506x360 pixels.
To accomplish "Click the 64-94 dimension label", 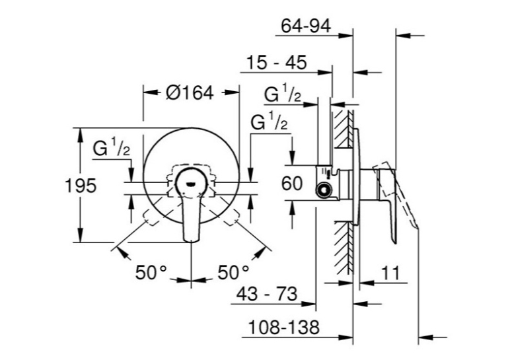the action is coord(306,26).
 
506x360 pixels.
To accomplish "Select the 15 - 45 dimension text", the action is coord(277,62).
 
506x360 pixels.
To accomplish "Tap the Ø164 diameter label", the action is coord(190,93).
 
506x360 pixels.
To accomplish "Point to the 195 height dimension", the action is coord(81,186).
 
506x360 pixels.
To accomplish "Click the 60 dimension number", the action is coord(292,184).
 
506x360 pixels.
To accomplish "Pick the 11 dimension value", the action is coord(390,273).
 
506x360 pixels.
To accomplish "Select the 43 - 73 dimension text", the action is coord(267,294).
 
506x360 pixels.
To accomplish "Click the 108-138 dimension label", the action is coord(283,327).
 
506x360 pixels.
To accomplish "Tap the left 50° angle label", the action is coord(151,273).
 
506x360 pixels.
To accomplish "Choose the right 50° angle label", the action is coord(233,273).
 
